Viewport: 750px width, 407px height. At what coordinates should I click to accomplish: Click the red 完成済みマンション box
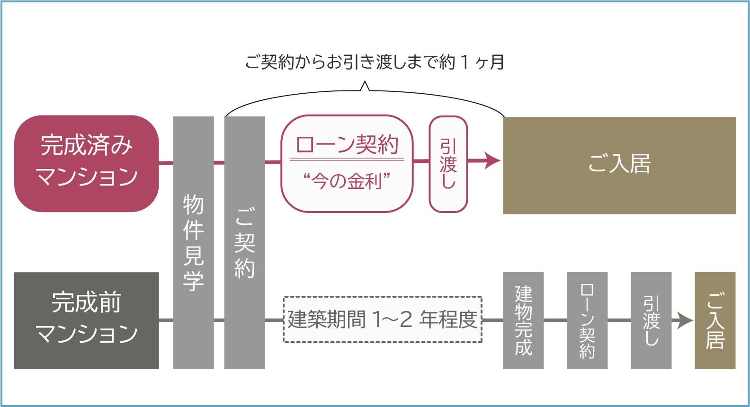pos(86,163)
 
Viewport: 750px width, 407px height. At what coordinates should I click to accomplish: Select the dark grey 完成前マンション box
pos(86,320)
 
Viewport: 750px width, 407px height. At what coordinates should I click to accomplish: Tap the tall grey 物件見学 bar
pos(193,242)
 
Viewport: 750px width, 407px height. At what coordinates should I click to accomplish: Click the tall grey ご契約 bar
pos(244,242)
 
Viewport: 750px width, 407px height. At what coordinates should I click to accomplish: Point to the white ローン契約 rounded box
pos(347,163)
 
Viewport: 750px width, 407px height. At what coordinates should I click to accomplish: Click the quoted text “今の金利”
pos(347,181)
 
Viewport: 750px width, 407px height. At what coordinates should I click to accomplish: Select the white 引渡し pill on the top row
pos(448,163)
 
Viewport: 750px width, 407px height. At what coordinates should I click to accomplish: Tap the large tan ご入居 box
pos(619,165)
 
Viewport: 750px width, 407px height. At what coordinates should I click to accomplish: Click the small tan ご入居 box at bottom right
pos(715,320)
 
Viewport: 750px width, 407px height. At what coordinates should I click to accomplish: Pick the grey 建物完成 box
pos(523,320)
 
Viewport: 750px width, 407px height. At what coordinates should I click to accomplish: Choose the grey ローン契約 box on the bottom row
pos(587,320)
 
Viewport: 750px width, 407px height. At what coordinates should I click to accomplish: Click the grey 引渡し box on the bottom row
pos(651,320)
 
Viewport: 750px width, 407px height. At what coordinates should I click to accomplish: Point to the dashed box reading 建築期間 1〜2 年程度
pos(383,319)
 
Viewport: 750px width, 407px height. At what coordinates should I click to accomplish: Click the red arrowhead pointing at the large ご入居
pos(492,160)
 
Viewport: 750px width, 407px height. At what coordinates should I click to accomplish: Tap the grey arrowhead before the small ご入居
pos(685,320)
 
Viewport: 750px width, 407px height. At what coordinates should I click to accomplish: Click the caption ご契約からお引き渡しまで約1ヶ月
pos(374,62)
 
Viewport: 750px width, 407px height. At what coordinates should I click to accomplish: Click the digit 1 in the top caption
pos(464,62)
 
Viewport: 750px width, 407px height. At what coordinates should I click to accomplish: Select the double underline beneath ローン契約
pos(347,159)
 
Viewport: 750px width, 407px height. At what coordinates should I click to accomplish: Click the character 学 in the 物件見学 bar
pos(193,281)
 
